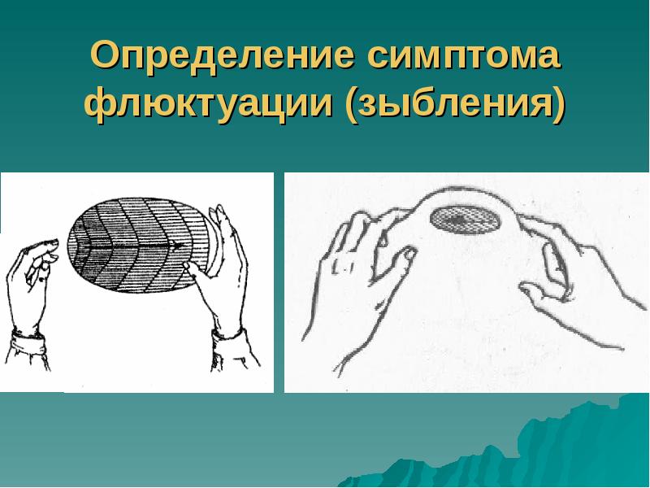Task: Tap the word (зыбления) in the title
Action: click(x=455, y=107)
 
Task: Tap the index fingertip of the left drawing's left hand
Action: click(x=52, y=243)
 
